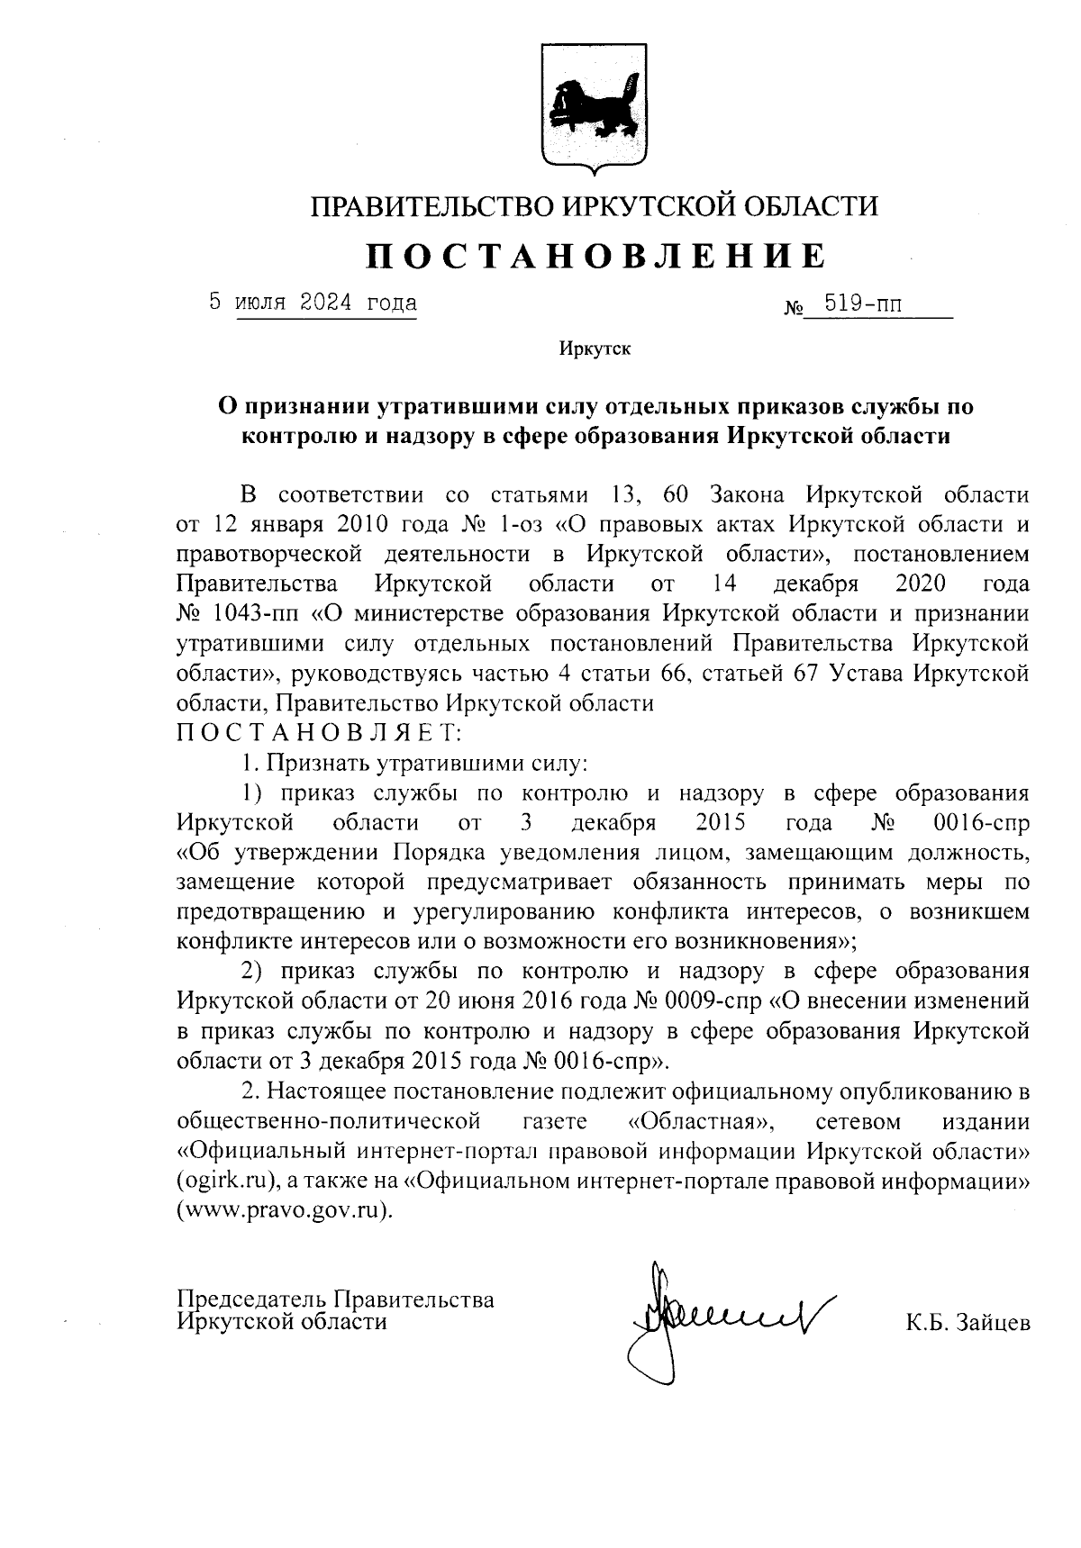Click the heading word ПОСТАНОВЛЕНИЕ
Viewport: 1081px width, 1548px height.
click(595, 257)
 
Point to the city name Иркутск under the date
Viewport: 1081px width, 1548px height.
click(595, 349)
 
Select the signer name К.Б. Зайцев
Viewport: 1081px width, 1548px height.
click(967, 1323)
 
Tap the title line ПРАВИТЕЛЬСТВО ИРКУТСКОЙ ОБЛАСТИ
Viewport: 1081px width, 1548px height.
click(595, 207)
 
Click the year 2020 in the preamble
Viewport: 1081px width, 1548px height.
click(921, 584)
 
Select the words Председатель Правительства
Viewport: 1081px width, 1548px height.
click(336, 1299)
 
